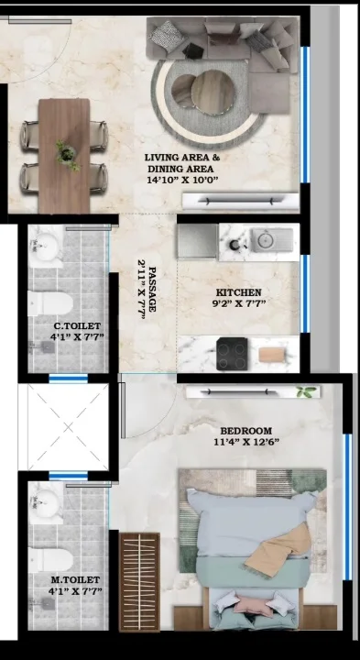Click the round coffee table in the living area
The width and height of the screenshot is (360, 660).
[213, 93]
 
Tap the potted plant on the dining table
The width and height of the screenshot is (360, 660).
[67, 155]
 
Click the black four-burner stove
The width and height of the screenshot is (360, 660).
[232, 354]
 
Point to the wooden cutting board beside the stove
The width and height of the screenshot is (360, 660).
[271, 355]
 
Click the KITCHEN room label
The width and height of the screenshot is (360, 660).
[238, 292]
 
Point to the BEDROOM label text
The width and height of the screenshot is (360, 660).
[246, 431]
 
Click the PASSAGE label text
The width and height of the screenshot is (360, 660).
[153, 289]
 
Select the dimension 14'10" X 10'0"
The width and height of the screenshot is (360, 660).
[182, 181]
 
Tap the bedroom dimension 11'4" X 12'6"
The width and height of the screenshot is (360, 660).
[246, 442]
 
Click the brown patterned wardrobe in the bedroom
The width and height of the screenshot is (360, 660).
[139, 582]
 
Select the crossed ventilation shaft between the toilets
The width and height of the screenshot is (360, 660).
[68, 427]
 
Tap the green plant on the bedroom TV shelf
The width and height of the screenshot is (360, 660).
[307, 392]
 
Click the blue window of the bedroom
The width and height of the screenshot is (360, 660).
[348, 507]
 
